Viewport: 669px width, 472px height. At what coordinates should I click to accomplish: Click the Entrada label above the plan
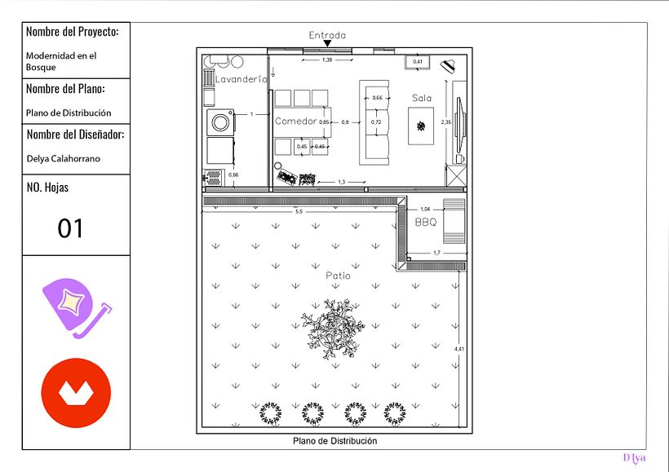pos(327,35)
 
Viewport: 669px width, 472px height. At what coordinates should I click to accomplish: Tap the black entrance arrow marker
pos(327,43)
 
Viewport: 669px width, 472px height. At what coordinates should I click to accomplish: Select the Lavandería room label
pos(241,79)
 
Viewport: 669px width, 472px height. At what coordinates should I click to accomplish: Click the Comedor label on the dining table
pos(295,121)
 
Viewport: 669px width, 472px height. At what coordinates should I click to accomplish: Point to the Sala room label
pos(422,98)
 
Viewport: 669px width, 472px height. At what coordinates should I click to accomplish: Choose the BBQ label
pos(426,223)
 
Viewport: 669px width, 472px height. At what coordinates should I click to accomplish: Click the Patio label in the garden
pos(338,276)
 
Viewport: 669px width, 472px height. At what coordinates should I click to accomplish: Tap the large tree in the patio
pos(333,329)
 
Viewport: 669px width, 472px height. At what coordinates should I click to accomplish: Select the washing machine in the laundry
pos(220,122)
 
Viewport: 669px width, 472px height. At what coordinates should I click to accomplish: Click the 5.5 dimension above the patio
pos(299,211)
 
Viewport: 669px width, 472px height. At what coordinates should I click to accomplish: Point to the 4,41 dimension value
pos(459,349)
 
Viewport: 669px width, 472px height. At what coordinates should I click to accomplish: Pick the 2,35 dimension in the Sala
pos(445,122)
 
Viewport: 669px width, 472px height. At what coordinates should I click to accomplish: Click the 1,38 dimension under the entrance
pos(327,60)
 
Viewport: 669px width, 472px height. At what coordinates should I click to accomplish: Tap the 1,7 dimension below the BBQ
pos(436,253)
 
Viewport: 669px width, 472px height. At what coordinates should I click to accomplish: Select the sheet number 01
pos(70,228)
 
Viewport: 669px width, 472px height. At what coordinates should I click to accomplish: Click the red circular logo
pos(76,393)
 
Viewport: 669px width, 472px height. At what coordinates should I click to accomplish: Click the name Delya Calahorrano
pos(63,159)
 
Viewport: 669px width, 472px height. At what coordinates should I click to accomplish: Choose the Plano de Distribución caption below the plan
pos(335,441)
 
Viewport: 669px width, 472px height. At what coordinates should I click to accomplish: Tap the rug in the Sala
pos(421,126)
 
